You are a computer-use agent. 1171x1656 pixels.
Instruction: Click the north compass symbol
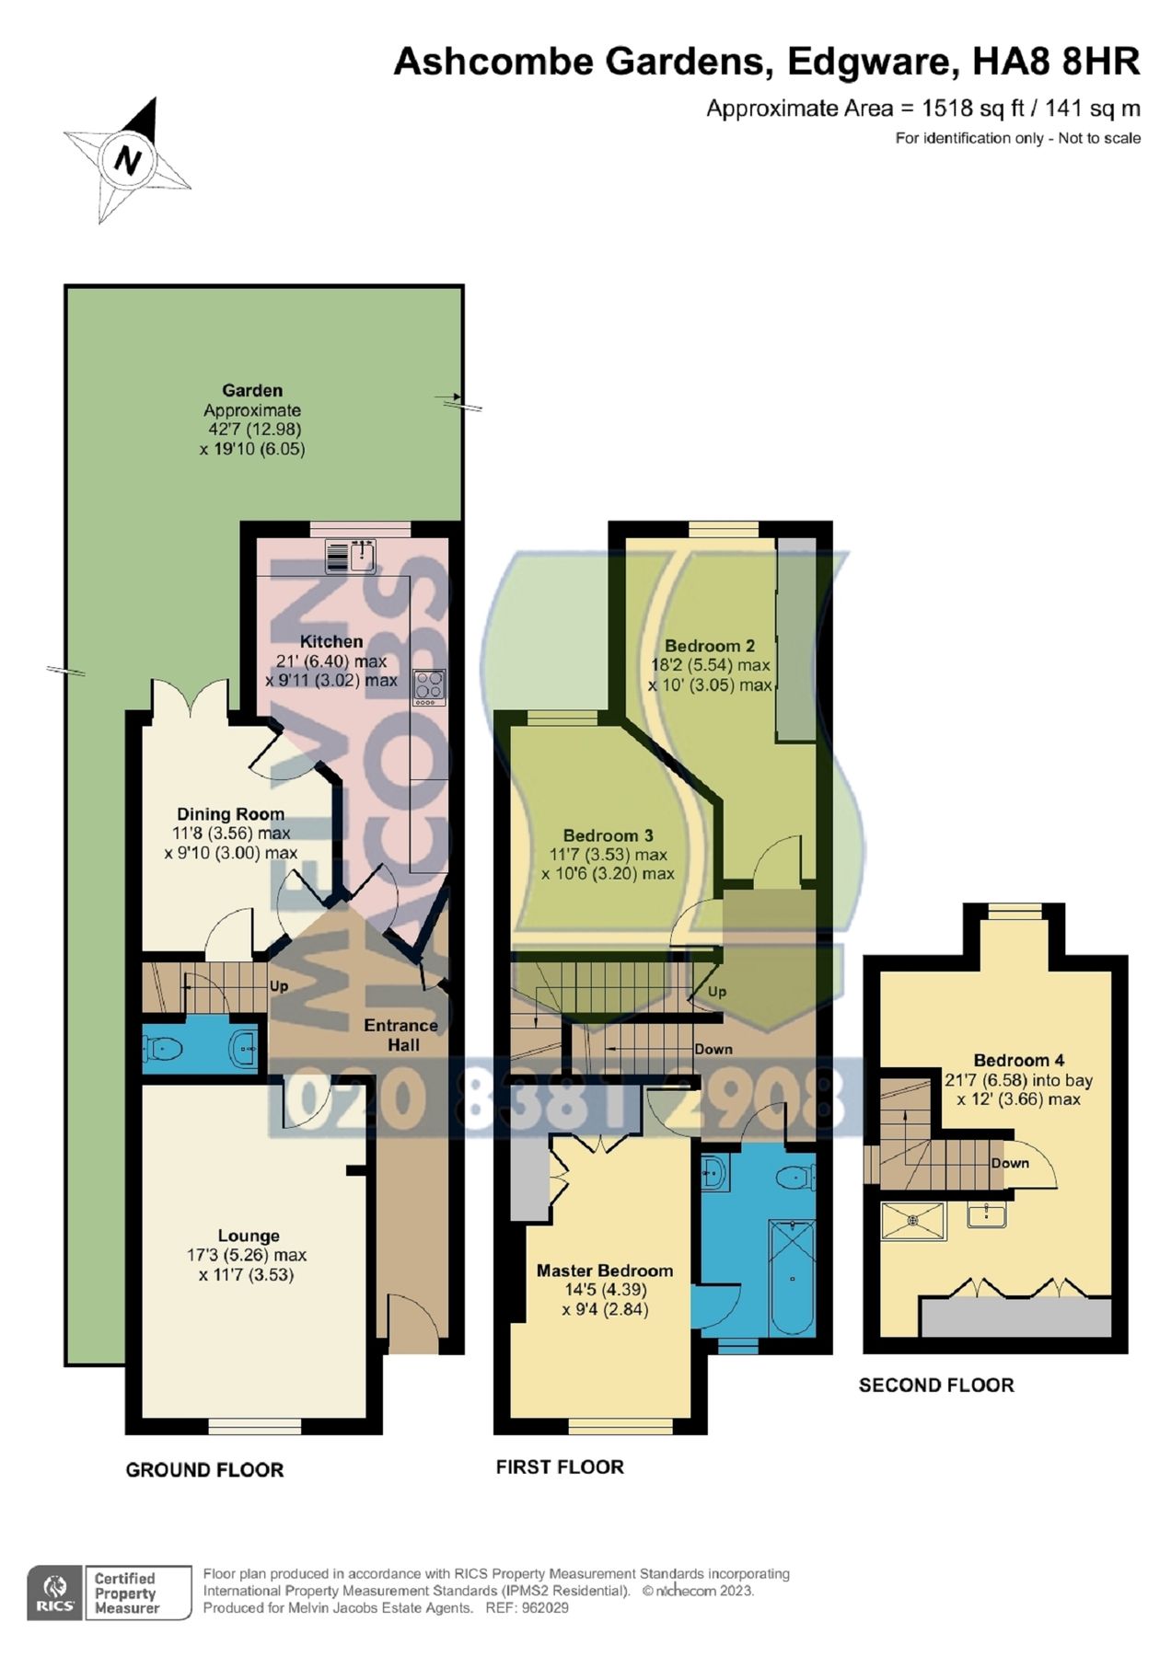click(127, 162)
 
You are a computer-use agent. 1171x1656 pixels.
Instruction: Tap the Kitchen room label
click(331, 641)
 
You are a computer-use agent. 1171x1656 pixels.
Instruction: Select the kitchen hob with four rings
click(429, 687)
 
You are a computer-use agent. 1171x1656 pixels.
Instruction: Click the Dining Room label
click(230, 814)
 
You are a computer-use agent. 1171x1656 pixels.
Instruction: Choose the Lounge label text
click(249, 1236)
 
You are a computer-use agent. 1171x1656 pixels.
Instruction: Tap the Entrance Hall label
click(400, 1035)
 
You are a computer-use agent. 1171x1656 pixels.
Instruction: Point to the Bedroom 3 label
click(608, 835)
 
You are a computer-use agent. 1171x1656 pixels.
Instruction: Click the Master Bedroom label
click(605, 1271)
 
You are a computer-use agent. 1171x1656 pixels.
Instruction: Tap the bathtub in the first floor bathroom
click(792, 1277)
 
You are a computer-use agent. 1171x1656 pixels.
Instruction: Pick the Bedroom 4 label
click(1018, 1060)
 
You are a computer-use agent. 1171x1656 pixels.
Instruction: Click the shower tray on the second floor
click(913, 1221)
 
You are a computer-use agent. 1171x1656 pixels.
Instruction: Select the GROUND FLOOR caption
click(204, 1470)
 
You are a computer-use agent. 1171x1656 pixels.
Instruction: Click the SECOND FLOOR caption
click(936, 1386)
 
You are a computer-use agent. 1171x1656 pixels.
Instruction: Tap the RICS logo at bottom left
click(55, 1593)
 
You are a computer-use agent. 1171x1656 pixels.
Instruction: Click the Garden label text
click(252, 390)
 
